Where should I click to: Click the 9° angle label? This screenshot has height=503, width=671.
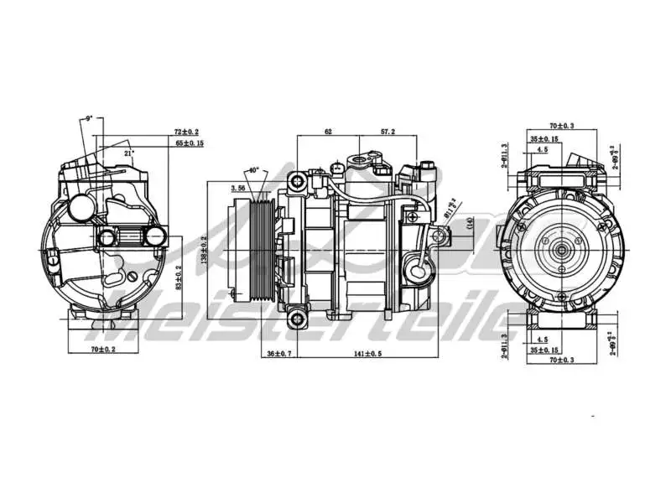click(88, 119)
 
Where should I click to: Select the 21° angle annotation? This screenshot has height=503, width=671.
click(128, 153)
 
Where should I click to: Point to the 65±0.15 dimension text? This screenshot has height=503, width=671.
click(189, 143)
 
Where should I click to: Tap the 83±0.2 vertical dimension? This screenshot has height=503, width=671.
click(178, 277)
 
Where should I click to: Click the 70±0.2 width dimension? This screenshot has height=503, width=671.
click(104, 347)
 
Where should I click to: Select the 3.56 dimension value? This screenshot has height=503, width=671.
click(237, 189)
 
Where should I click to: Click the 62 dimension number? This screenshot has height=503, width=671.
click(328, 132)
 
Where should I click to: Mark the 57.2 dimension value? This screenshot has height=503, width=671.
click(388, 132)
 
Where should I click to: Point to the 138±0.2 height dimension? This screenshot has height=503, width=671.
click(204, 249)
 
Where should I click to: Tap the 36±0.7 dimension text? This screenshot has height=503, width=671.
click(278, 354)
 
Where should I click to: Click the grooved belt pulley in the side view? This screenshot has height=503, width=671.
click(260, 250)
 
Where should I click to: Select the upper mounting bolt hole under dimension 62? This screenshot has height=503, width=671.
click(296, 181)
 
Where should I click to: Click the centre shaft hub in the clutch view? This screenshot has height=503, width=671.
click(560, 249)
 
